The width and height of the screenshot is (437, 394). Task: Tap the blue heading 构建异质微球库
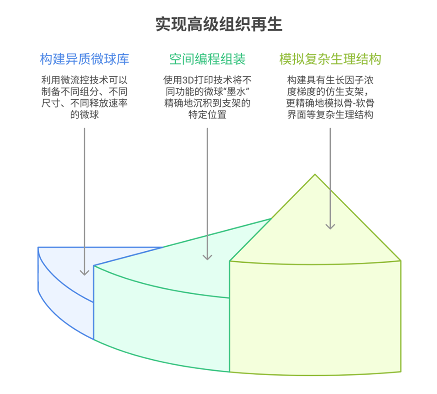(x=85, y=59)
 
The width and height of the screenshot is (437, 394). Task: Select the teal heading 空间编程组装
(x=207, y=59)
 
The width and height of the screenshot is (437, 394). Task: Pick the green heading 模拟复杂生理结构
(x=330, y=59)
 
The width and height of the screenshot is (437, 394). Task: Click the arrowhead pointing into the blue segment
(x=85, y=272)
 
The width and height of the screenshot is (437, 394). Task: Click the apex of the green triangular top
(x=315, y=175)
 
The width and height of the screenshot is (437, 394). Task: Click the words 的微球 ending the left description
(x=85, y=115)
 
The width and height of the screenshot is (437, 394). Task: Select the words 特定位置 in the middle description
(x=207, y=115)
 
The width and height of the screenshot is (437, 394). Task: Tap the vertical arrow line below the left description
(x=85, y=192)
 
